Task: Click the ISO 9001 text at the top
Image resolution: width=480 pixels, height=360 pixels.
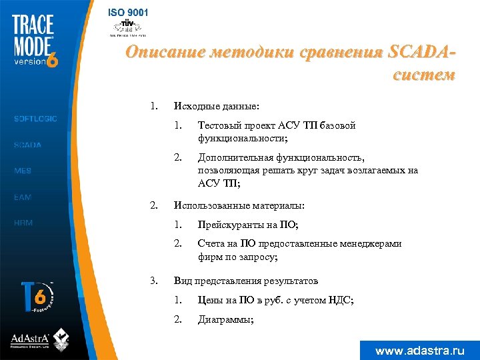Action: click(129, 13)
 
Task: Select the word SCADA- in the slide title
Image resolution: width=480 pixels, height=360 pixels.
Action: click(419, 52)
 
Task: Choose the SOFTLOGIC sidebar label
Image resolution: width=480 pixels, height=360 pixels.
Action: click(36, 119)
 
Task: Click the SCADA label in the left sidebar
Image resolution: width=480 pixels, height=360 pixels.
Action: click(28, 145)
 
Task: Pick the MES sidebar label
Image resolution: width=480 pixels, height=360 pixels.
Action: click(23, 171)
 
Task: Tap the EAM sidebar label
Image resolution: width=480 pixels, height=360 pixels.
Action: click(23, 197)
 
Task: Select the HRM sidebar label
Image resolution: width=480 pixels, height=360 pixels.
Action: click(23, 223)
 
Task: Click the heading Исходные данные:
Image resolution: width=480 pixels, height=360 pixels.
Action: click(217, 106)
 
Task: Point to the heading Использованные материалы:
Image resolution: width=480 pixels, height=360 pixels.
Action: click(239, 205)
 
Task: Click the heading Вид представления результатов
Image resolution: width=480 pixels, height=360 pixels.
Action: click(245, 281)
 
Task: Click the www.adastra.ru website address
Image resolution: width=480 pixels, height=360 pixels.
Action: click(419, 350)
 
